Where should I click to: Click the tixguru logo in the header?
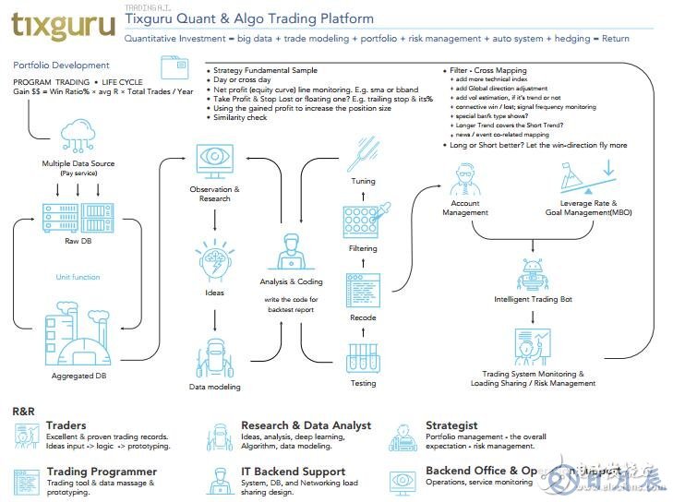point(63,25)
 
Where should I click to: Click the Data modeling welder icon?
point(214,355)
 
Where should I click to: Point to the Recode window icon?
point(363,289)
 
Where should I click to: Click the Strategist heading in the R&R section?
point(451,425)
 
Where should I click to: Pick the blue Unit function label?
point(78,277)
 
